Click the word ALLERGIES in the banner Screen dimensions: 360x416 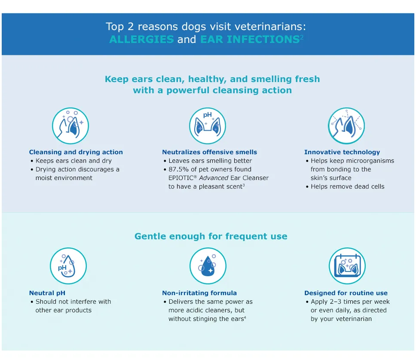point(141,40)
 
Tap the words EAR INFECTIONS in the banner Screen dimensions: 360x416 point(249,40)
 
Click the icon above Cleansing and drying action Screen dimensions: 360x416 point(70,126)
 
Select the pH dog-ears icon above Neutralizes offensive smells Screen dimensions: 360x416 point(208,126)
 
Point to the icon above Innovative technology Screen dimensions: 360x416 point(346,126)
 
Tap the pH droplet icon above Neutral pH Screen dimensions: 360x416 point(68,266)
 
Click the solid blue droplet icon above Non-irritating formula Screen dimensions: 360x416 point(208,266)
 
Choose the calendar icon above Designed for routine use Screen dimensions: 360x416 point(347,266)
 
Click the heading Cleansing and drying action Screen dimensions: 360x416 point(76,152)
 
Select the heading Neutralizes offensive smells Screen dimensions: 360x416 point(209,152)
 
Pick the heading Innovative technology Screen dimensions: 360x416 point(342,152)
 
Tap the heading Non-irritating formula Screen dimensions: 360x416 point(199,293)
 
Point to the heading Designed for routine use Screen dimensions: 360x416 point(346,293)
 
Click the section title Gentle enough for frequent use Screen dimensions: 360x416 point(211,236)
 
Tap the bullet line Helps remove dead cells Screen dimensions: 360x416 point(347,186)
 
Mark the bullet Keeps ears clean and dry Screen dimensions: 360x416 point(73,161)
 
